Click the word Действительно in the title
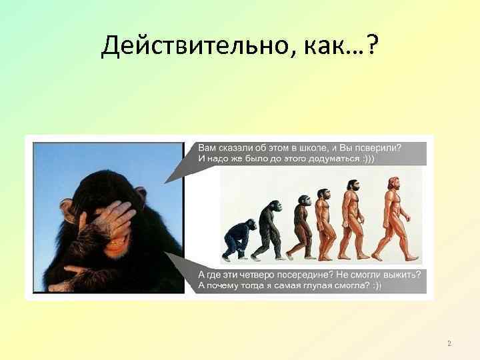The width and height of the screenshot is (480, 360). click(x=186, y=47)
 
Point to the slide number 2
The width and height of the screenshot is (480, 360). click(x=449, y=343)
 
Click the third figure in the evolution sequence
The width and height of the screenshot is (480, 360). click(x=301, y=224)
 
